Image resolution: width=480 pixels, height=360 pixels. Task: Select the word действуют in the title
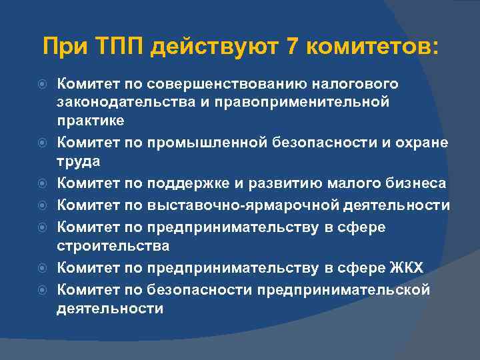tap(215, 48)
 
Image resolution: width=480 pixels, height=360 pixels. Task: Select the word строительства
tap(113, 246)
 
